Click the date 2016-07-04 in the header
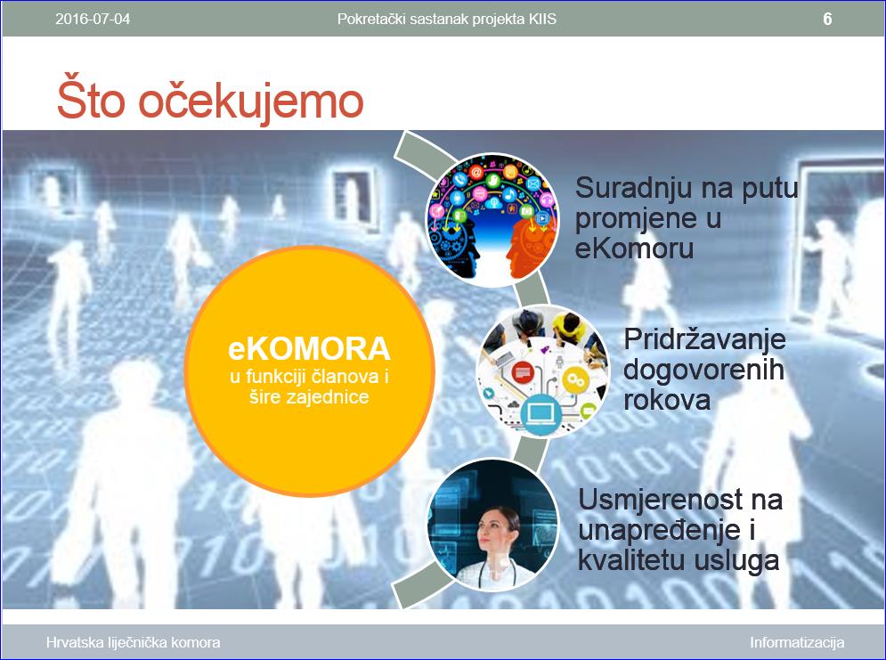point(93,20)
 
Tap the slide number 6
point(827,20)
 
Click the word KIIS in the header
point(542,20)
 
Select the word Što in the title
point(91,100)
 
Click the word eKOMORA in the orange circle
point(309,348)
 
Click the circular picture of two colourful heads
point(492,219)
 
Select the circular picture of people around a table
point(542,371)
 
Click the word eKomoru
point(634,249)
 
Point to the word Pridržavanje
point(704,339)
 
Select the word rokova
point(667,400)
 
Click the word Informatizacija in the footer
point(797,642)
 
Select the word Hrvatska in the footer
point(70,642)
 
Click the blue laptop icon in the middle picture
point(541,415)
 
